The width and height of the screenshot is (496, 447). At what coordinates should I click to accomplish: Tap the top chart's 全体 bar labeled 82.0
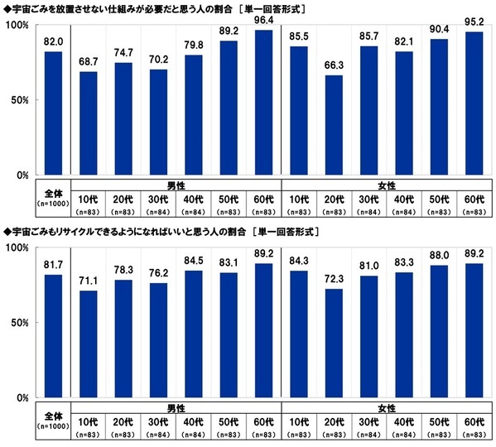coord(54,113)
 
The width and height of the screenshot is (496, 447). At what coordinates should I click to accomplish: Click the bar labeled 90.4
coord(440,108)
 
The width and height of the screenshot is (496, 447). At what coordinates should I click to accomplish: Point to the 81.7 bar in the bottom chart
coord(54,336)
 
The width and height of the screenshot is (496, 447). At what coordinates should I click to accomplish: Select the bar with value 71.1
coord(89,344)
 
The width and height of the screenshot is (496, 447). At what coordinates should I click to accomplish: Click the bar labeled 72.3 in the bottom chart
coord(334,344)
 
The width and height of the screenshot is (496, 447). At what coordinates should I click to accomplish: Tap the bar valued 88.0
coord(440,331)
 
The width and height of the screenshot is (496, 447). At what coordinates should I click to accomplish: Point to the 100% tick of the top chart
coord(18,26)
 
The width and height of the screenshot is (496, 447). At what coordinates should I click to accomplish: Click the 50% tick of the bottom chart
coord(21,324)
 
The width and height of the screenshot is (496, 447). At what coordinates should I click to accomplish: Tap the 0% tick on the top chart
coord(23,175)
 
